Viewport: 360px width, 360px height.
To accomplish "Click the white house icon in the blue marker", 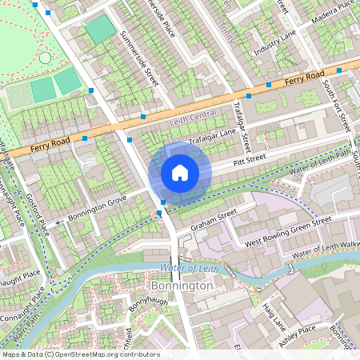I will coord(180,173).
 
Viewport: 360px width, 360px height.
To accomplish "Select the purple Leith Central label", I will coord(193,122).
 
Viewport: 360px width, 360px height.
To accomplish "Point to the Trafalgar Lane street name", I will coord(212,138).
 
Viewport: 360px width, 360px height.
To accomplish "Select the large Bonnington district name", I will coord(182,286).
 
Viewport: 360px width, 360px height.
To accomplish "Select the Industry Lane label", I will coord(275,44).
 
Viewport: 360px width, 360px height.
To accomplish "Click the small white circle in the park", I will coord(45,58).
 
